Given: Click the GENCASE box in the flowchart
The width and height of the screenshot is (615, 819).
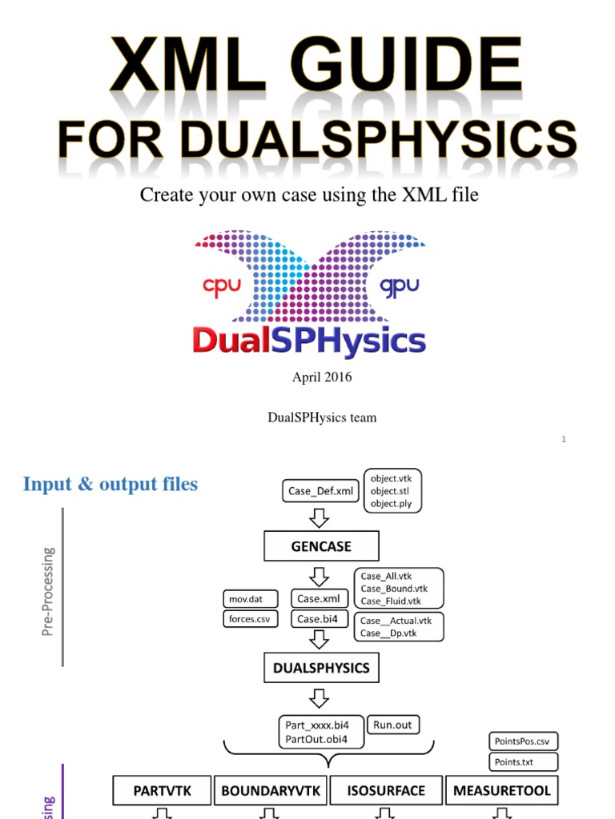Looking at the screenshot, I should pos(321,547).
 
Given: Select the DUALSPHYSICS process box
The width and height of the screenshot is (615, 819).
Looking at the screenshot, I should pos(321,668).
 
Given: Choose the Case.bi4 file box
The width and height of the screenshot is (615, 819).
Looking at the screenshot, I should pos(320,618).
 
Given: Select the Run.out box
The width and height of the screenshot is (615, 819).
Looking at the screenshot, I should pos(392,725).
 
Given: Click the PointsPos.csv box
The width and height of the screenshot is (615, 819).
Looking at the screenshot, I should pos(523,741).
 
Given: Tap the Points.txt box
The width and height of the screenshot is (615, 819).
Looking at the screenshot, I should pos(523,761).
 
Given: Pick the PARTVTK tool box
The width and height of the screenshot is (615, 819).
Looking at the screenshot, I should pos(163,791).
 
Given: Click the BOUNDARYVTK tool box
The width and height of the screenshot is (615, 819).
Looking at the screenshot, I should pos(271,791).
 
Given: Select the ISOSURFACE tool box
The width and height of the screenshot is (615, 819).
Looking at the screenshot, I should pos(386,791).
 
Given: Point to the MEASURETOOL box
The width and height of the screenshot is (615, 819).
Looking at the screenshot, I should pos(502,791).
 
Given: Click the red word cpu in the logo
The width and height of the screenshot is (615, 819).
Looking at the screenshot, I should pos(222,287).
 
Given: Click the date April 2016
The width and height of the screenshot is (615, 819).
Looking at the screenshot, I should pos(322,377).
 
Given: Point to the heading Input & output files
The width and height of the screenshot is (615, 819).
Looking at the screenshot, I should pos(111,484).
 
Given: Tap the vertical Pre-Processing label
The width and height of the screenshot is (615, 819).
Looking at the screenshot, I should pos(49,591).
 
